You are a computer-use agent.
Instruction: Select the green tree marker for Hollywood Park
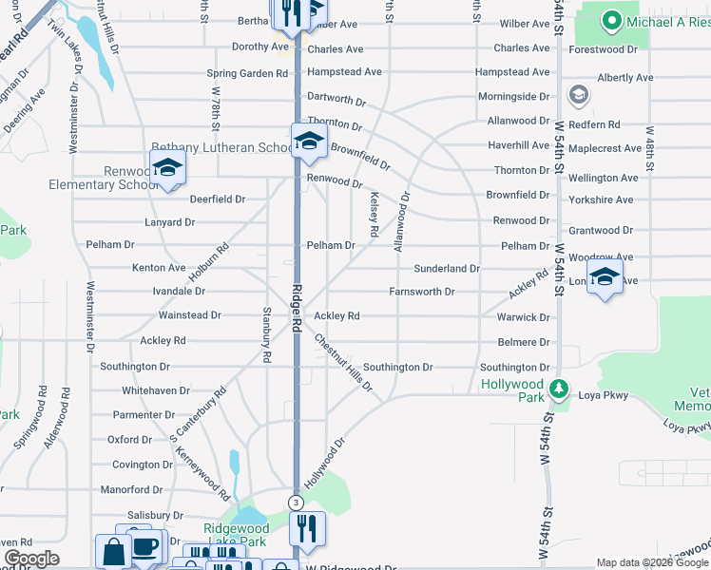560,388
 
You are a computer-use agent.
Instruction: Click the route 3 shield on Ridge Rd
296,502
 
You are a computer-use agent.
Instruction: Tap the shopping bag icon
113,552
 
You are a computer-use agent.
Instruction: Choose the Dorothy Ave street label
260,47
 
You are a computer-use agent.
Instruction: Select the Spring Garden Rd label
248,73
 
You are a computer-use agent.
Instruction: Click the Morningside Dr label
513,97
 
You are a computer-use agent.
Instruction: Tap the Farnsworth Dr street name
421,292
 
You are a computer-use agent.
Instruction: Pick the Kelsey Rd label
375,214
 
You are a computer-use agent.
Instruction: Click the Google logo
31,559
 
